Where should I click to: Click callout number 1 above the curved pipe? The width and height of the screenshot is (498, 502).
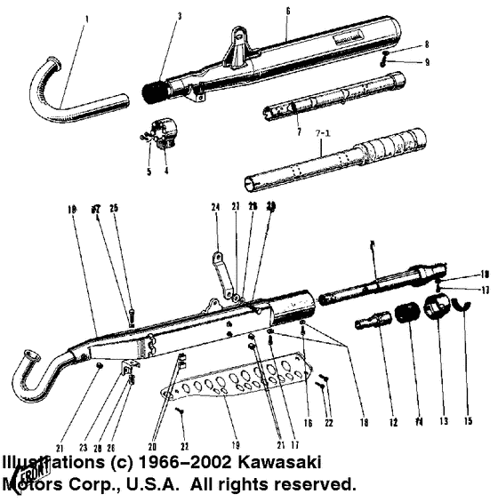pyautogui.click(x=86, y=18)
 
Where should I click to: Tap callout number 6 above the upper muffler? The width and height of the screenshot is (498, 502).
pyautogui.click(x=287, y=11)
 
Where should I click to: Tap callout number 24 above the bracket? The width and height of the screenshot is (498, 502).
pyautogui.click(x=214, y=209)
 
